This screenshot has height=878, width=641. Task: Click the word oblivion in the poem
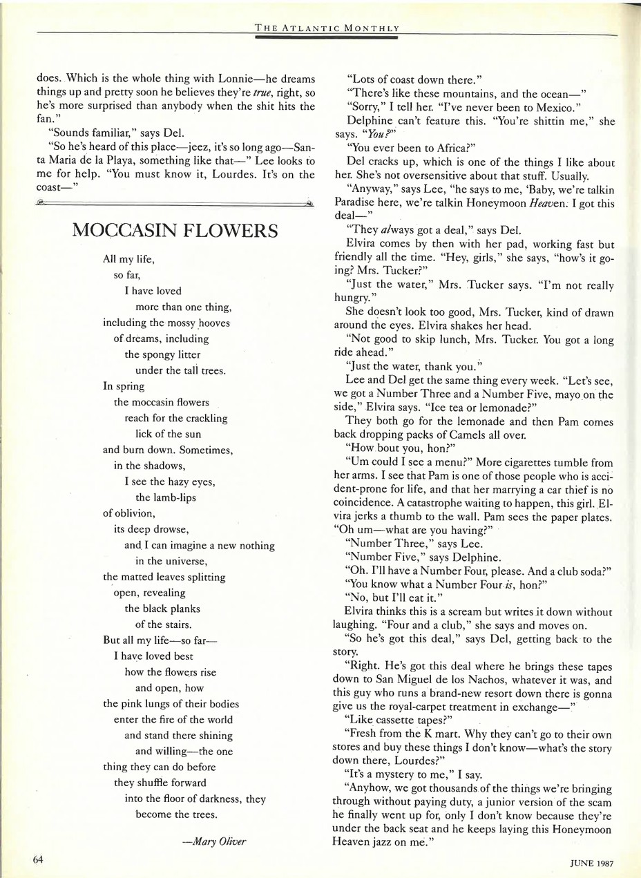127,514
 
